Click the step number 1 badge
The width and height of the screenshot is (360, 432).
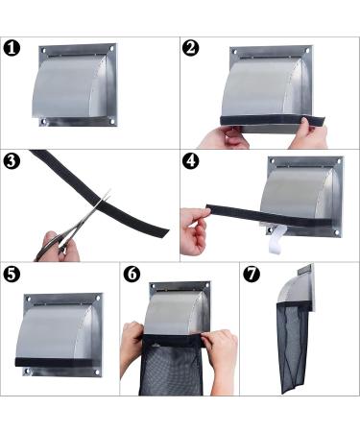click(13, 49)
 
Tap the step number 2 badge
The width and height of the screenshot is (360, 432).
click(192, 49)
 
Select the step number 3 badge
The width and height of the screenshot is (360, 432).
click(13, 160)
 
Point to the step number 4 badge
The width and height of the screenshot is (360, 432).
click(192, 160)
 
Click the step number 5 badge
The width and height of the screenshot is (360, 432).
click(13, 275)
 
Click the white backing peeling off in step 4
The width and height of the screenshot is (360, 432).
click(277, 236)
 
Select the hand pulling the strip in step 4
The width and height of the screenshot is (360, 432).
click(196, 231)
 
